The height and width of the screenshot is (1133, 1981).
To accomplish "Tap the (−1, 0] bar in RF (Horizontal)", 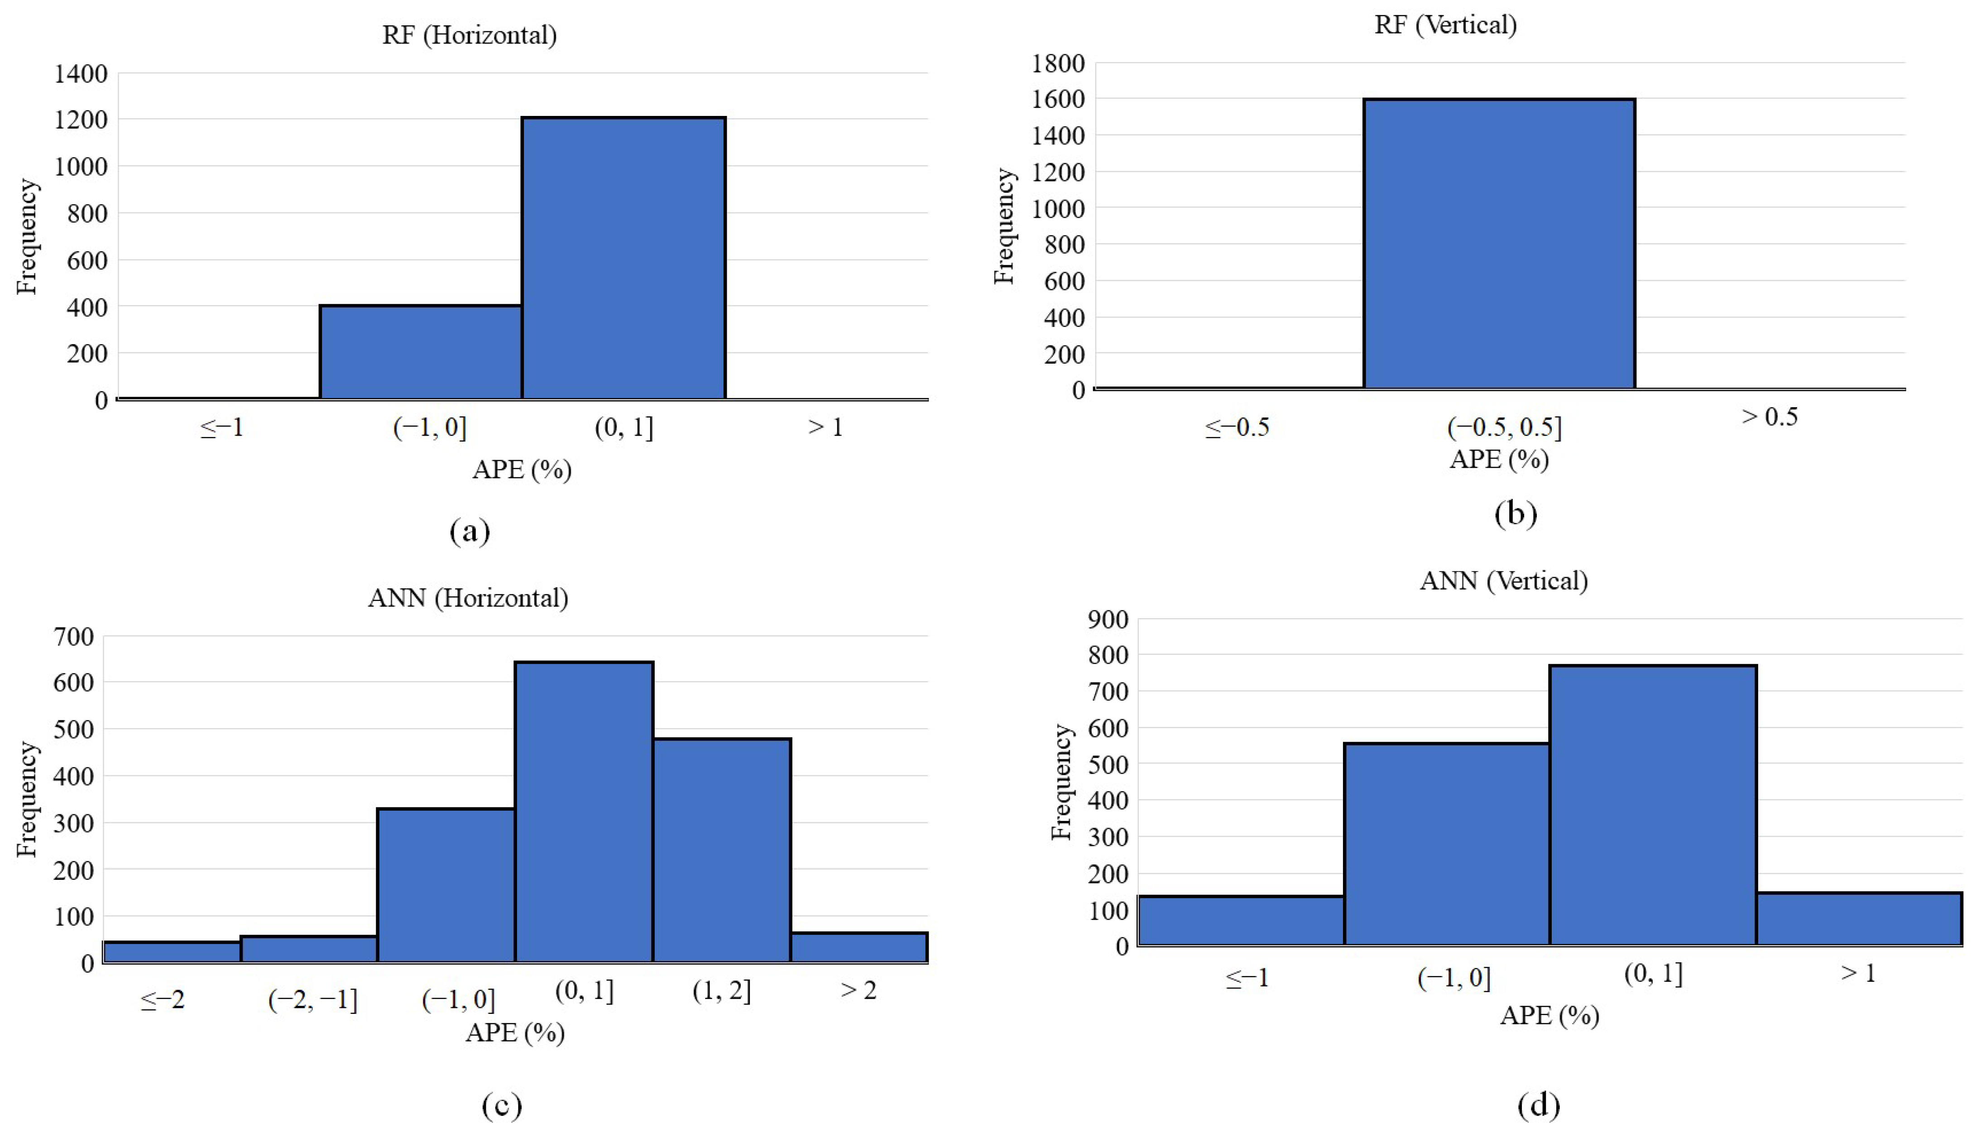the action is (x=421, y=352).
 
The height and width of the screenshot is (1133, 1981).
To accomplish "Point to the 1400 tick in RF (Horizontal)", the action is (x=81, y=74).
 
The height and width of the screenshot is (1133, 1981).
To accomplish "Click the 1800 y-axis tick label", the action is (x=1058, y=63).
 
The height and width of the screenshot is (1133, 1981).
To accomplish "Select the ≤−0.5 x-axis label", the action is (x=1237, y=427).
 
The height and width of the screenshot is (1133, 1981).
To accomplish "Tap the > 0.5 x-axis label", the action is (x=1770, y=417).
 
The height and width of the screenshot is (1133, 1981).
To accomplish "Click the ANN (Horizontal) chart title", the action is (x=468, y=598).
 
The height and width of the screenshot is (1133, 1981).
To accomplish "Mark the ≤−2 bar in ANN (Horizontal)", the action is (x=172, y=952).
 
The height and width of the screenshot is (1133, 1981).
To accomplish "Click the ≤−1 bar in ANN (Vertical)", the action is (x=1241, y=921).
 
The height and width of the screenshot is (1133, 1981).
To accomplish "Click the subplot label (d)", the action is (x=1539, y=1105).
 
